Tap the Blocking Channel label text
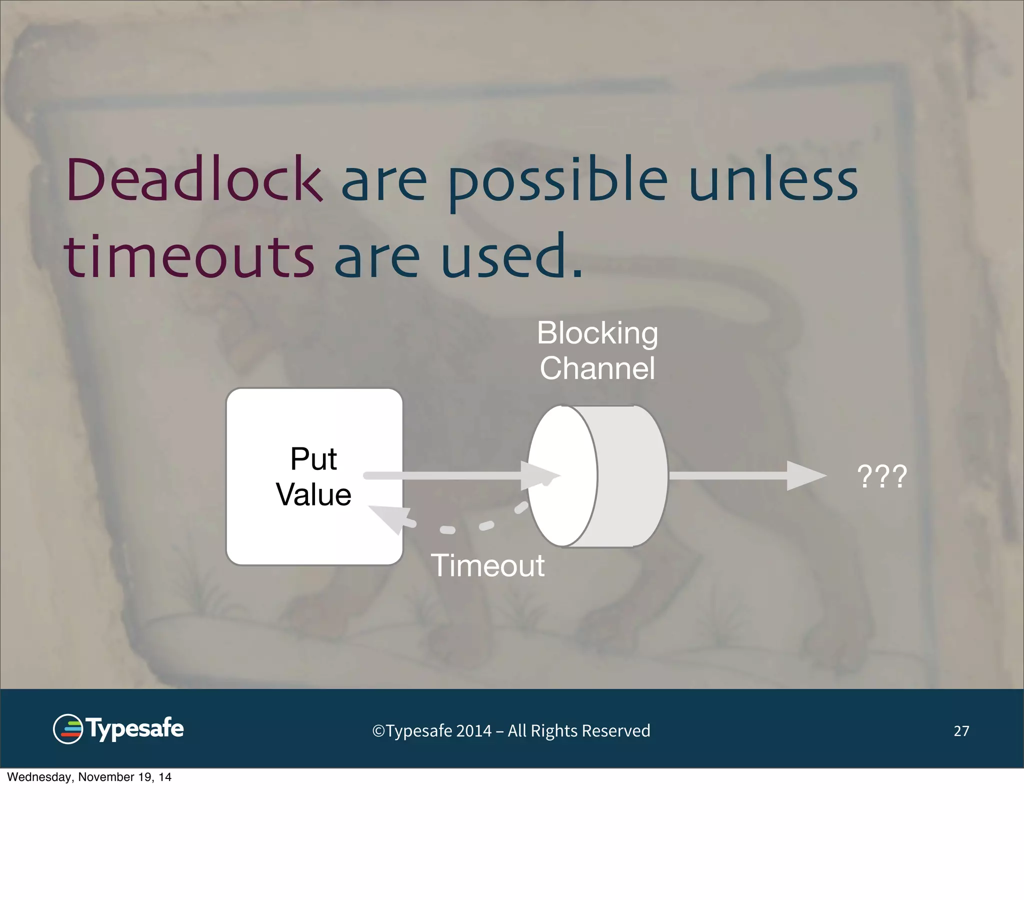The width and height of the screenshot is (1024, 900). pos(597,350)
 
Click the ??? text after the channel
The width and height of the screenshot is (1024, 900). pos(881,476)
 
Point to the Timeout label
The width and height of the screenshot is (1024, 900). pos(487,566)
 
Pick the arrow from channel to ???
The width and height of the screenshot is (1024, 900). pos(746,475)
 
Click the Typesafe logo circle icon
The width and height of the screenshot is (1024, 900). pos(67,729)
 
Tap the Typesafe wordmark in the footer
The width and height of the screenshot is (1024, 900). pos(135,728)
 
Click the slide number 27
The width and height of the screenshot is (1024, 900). pos(961,731)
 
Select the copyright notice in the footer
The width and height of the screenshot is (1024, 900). pos(511,731)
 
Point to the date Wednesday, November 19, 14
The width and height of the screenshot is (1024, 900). pos(89,777)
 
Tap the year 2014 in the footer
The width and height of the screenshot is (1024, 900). pos(473,731)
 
